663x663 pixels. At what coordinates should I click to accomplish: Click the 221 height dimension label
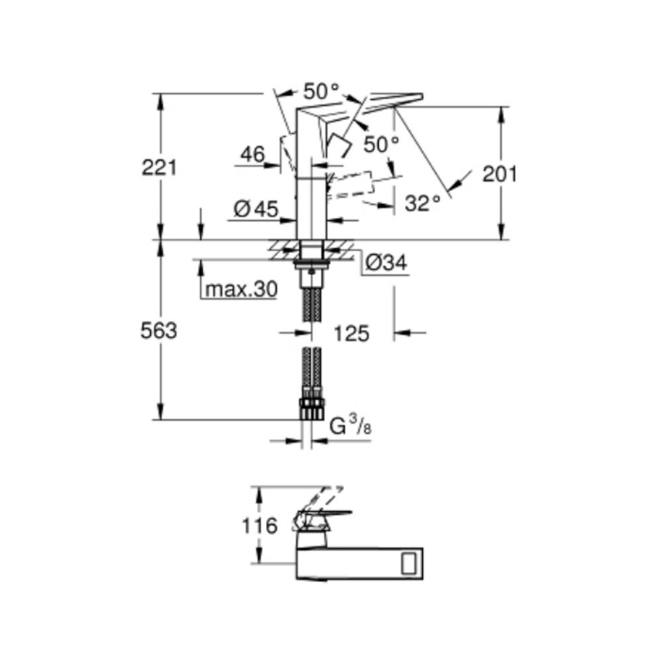(x=159, y=168)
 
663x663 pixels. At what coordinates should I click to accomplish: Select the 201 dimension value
(x=499, y=174)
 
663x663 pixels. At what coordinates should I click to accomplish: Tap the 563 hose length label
(x=159, y=331)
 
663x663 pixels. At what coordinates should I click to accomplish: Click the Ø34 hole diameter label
(x=386, y=264)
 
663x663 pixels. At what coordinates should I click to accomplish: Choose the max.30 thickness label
(x=241, y=290)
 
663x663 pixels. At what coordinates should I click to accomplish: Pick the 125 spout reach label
(x=351, y=333)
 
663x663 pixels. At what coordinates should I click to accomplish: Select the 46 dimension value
(x=252, y=154)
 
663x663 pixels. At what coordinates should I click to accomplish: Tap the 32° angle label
(x=423, y=204)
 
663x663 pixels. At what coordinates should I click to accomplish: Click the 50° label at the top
(x=321, y=90)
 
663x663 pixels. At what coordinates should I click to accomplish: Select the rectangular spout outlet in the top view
(x=410, y=562)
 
